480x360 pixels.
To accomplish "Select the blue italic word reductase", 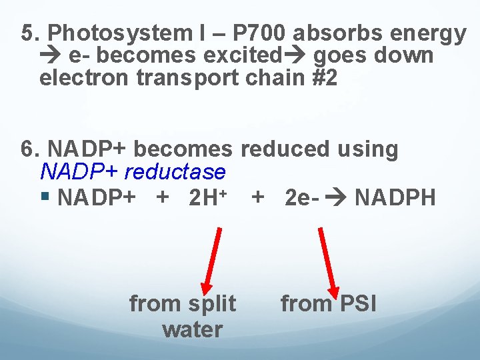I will click(x=175, y=173).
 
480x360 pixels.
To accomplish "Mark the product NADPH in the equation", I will click(x=396, y=198).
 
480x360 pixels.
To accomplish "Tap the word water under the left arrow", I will click(x=192, y=329).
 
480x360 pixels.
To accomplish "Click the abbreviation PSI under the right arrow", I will click(x=358, y=304).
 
